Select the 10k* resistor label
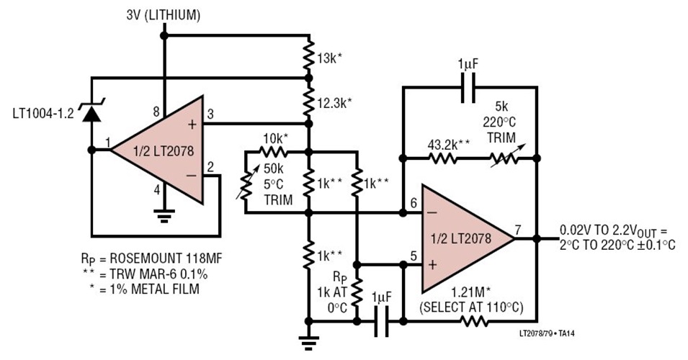[x=277, y=138]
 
